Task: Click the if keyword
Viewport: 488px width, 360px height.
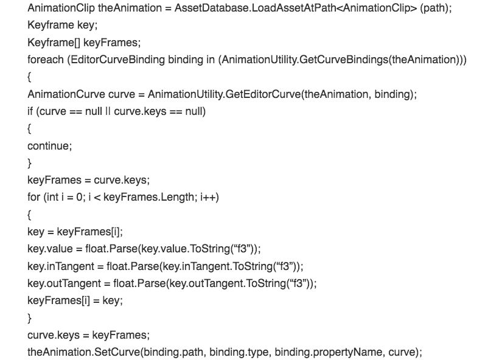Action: click(31, 111)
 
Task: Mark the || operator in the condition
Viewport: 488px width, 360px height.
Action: click(105, 111)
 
